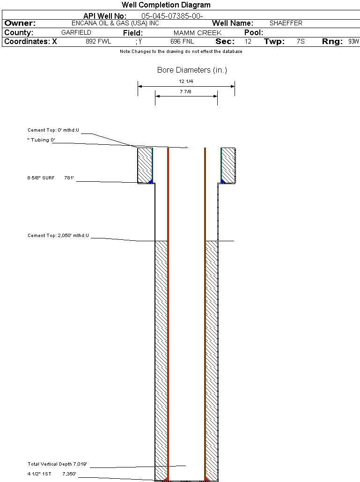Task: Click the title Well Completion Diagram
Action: click(166, 5)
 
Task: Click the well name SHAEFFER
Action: click(286, 23)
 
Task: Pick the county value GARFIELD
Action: click(76, 33)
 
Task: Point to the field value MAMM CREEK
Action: click(197, 33)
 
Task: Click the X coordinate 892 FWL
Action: click(98, 42)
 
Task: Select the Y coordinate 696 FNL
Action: click(182, 42)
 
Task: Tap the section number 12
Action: click(248, 42)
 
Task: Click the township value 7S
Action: click(301, 42)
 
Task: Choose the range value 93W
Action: click(353, 42)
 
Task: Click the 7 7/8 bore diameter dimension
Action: click(186, 92)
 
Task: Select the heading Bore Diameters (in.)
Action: click(192, 70)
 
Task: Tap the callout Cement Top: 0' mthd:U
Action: click(54, 130)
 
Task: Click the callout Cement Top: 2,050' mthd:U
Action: click(58, 236)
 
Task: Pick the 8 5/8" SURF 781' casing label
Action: click(51, 178)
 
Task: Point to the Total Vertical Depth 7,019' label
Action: click(58, 464)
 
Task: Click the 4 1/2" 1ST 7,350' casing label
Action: click(51, 474)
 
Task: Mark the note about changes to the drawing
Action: click(181, 52)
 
